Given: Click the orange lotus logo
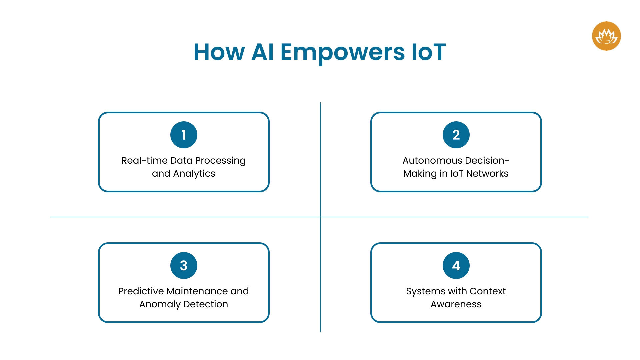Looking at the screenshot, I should tap(606, 36).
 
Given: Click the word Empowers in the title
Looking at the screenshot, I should tap(342, 52).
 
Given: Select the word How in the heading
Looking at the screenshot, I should tap(219, 52).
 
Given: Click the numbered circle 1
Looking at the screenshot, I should tap(184, 135).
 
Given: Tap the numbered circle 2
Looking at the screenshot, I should tap(456, 135).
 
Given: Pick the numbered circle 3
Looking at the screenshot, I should tap(184, 265).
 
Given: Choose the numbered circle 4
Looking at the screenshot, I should tap(456, 265).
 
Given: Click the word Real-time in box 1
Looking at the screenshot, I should tap(144, 161).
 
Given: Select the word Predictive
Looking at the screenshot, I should tap(141, 291).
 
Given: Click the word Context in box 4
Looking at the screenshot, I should tap(487, 291).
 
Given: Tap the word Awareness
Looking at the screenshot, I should tap(456, 304).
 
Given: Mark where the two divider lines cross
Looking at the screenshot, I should tap(320, 217).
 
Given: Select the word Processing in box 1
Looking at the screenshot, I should tap(220, 161).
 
